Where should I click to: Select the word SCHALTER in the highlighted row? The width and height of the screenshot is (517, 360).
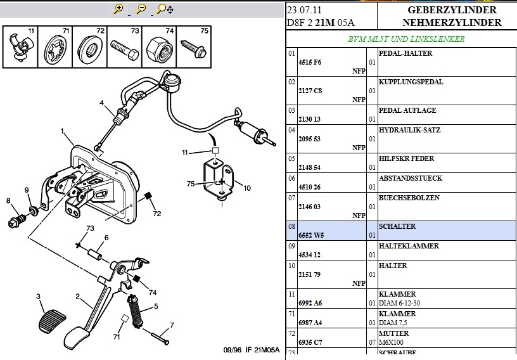(x=397, y=226)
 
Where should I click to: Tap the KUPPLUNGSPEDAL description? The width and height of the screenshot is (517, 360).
(x=411, y=82)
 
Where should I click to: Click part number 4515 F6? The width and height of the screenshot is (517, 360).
(x=310, y=62)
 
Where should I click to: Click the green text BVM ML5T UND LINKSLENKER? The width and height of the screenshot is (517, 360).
(x=406, y=39)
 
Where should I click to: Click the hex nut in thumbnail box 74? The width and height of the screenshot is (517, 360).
(x=156, y=46)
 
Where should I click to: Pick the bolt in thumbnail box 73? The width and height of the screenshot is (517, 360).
(x=125, y=48)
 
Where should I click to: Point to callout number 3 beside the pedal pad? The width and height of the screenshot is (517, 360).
(x=38, y=297)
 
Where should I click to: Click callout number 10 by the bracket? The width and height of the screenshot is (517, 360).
(x=247, y=188)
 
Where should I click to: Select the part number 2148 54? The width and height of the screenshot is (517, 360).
(x=310, y=168)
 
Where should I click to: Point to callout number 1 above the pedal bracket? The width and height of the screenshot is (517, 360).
(x=63, y=131)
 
